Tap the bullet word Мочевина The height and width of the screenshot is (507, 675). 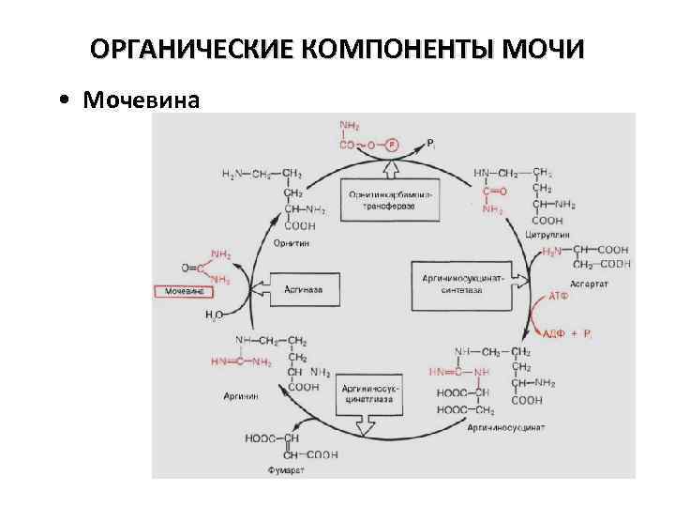[141, 100]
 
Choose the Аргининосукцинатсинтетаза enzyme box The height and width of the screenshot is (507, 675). [461, 284]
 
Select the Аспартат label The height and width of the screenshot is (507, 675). [590, 283]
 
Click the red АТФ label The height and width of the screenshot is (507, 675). [558, 296]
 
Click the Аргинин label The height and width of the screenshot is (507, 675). [242, 396]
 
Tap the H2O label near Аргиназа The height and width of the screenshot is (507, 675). [214, 315]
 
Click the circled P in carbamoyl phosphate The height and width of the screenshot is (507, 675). [391, 146]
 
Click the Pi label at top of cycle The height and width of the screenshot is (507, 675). [430, 143]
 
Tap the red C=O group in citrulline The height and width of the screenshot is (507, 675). [494, 191]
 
